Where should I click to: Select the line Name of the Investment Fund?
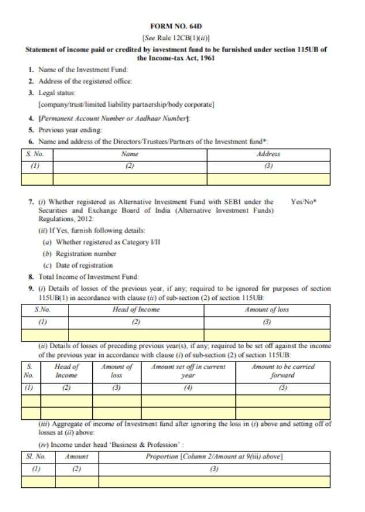coord(79,70)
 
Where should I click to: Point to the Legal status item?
coord(57,92)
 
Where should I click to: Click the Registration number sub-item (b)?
coord(80,254)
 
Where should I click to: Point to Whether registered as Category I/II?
coord(101,242)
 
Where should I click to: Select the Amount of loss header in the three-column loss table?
coord(266,310)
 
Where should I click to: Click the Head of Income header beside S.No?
coord(136,310)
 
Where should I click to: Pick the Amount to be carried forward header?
coord(283,371)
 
